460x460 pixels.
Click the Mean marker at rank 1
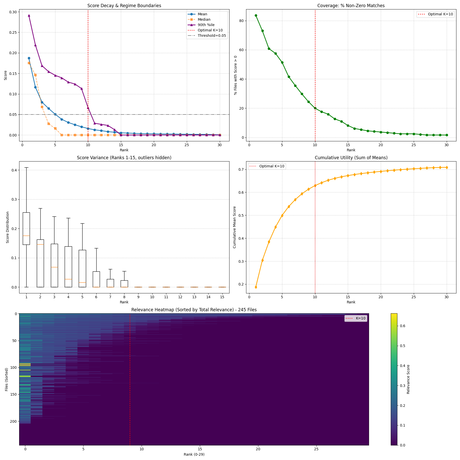click(x=29, y=58)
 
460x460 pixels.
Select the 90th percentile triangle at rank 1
click(x=29, y=15)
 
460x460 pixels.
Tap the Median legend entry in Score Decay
click(x=204, y=19)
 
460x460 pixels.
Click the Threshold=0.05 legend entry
click(x=212, y=36)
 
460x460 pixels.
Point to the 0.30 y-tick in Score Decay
click(x=13, y=12)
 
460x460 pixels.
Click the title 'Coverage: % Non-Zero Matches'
click(x=351, y=6)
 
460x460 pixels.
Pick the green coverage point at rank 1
click(x=256, y=15)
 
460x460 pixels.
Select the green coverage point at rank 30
click(x=447, y=135)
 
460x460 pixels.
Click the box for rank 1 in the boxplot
click(x=26, y=228)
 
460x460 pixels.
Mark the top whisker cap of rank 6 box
click(x=96, y=248)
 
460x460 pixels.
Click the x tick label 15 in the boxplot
click(x=222, y=297)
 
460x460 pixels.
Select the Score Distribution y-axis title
click(x=8, y=227)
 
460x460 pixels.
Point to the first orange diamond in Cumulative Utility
click(x=256, y=287)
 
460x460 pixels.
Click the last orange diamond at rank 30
click(x=447, y=167)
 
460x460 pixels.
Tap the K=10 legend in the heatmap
click(x=356, y=318)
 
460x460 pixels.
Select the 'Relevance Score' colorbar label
click(x=408, y=379)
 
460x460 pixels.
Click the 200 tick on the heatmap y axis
click(x=13, y=421)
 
